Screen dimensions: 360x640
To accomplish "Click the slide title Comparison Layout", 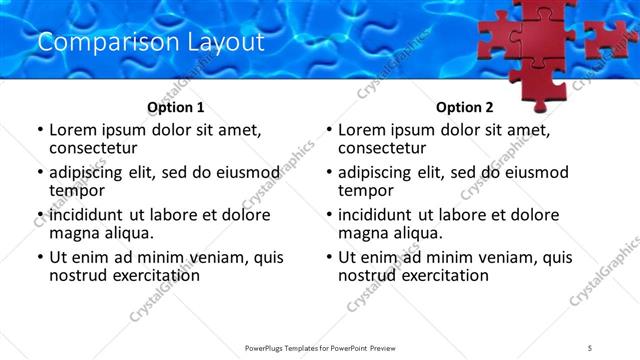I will point(150,42).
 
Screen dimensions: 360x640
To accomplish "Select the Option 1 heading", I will point(175,107).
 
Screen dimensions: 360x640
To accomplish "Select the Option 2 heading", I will point(464,107).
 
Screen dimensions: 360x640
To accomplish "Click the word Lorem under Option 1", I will point(71,130).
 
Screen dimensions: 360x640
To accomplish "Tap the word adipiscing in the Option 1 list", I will point(89,172).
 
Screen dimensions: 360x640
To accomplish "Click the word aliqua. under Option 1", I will point(126,233).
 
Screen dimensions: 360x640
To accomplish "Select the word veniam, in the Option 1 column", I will point(214,256).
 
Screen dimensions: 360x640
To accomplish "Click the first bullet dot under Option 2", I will point(329,131).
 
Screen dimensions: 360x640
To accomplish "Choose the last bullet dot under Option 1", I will point(40,257).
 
